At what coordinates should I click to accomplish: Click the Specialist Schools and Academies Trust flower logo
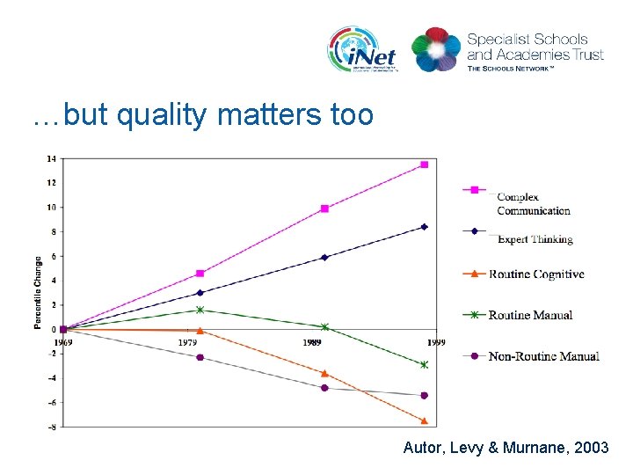coord(436,49)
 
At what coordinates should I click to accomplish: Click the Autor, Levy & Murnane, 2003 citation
coord(506,448)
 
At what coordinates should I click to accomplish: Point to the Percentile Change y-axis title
coord(38,293)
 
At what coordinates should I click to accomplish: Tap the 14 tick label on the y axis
coord(51,158)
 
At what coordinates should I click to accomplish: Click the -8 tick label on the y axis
coord(51,427)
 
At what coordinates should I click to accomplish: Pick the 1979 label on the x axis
coord(187,342)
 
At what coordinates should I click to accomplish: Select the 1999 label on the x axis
coord(436,342)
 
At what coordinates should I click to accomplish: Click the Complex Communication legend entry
coord(532,203)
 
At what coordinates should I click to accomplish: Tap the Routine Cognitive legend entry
coord(535,274)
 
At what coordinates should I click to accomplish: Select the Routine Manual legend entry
coord(530,315)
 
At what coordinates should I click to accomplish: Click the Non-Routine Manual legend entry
coord(543,356)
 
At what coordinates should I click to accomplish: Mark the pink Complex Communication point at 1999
coord(424,164)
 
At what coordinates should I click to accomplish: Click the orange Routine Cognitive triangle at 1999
coord(424,420)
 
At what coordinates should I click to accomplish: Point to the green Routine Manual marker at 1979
coord(200,310)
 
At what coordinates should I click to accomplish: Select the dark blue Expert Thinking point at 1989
coord(324,258)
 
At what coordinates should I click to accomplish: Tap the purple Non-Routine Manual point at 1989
coord(324,388)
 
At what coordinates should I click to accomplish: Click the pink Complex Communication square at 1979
coord(200,274)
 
